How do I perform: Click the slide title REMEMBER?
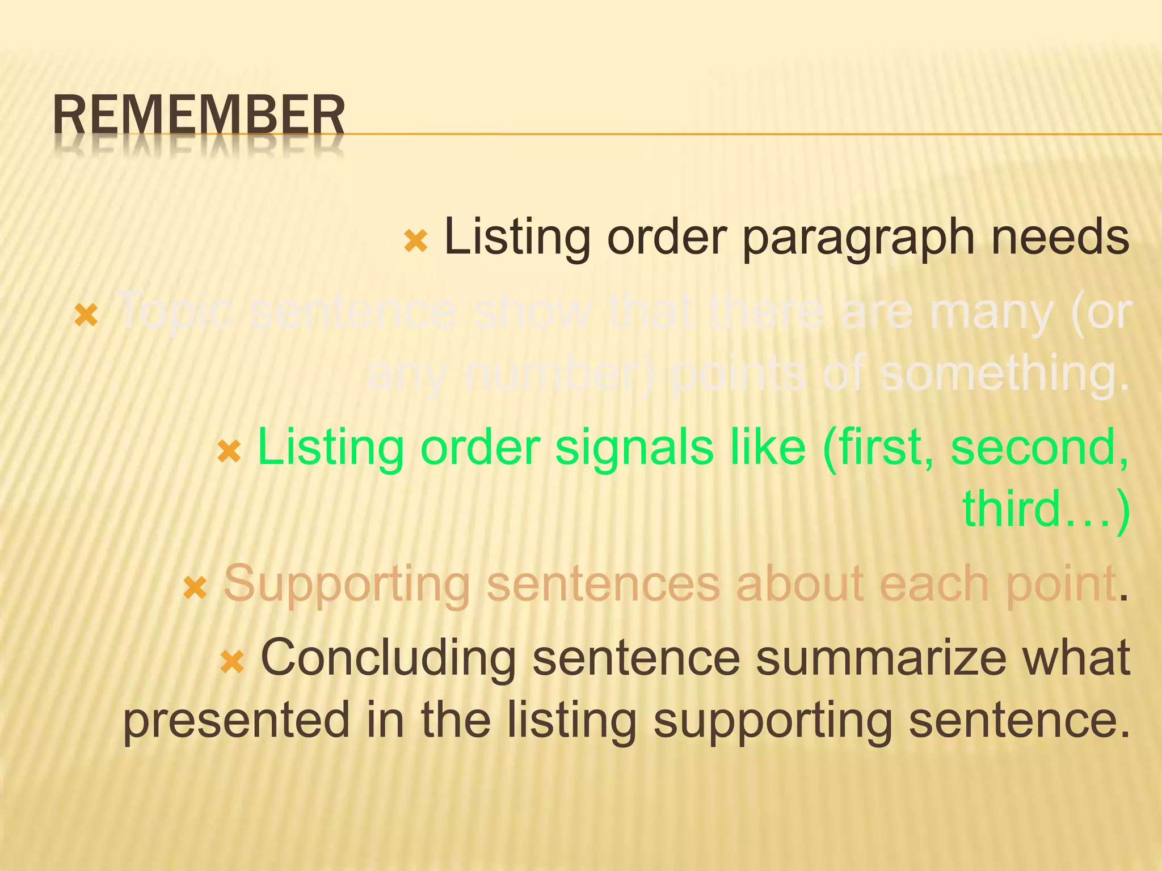(x=199, y=116)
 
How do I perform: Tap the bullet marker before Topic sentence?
(x=86, y=315)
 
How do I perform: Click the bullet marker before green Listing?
(x=229, y=451)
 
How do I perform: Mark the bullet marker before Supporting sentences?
(x=195, y=588)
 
